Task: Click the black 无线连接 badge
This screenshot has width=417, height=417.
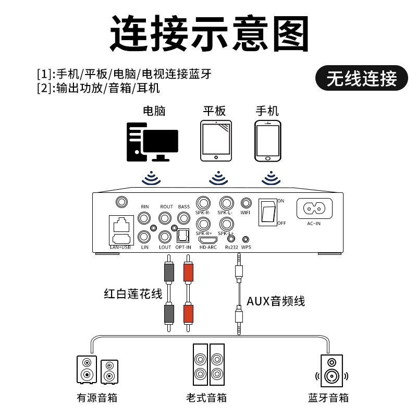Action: pos(362,78)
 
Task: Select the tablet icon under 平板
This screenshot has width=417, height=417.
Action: pos(216,142)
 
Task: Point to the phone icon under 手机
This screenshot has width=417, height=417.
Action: pos(267,141)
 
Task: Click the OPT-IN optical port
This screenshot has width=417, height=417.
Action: pos(183,236)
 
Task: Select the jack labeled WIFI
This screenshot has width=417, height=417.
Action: pos(246,203)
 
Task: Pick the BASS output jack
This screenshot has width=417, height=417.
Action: pos(183,217)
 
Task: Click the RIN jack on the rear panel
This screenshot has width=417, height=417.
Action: pos(144,218)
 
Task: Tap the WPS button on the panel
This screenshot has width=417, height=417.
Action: pos(246,240)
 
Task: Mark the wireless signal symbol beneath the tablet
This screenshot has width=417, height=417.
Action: pos(218,178)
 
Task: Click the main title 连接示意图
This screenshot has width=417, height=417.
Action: pos(208,32)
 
